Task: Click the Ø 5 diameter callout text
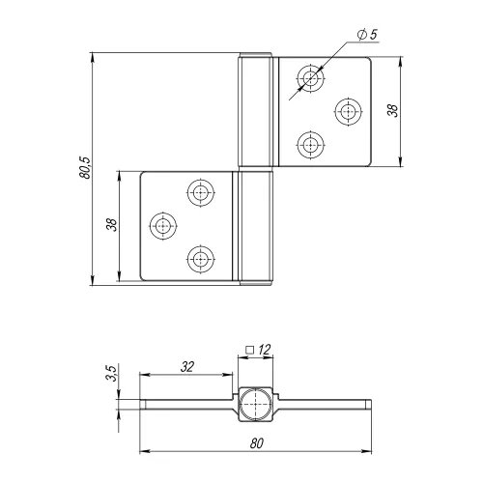click(367, 35)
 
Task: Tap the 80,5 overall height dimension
click(85, 168)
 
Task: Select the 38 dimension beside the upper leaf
click(393, 110)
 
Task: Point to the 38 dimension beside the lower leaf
click(111, 224)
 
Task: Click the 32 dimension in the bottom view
click(187, 367)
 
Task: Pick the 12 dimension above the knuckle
click(264, 350)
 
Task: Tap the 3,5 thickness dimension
click(111, 373)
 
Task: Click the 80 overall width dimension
click(257, 443)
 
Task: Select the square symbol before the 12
click(249, 350)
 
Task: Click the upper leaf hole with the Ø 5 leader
click(310, 78)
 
